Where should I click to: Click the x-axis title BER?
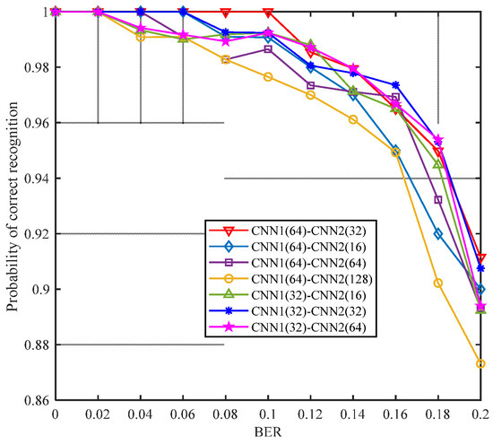pyautogui.click(x=268, y=433)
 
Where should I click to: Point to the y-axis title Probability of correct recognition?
pyautogui.click(x=13, y=205)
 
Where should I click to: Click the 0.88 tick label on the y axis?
pyautogui.click(x=36, y=345)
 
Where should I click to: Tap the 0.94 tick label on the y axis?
pyautogui.click(x=36, y=179)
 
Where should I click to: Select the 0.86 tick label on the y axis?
pyautogui.click(x=36, y=401)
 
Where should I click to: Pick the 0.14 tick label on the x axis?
pyautogui.click(x=353, y=414)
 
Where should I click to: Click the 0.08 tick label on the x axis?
pyautogui.click(x=225, y=414)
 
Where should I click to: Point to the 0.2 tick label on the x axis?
pyautogui.click(x=480, y=414)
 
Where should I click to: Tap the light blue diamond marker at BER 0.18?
pyautogui.click(x=438, y=234)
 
